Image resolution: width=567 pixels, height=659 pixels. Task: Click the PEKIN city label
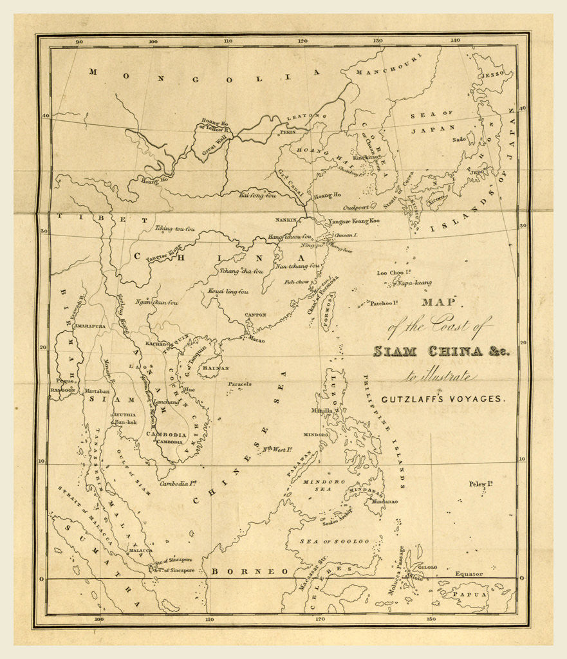[287, 131]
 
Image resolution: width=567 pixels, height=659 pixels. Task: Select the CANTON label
[256, 315]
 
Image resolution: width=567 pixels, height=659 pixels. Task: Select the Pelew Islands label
[480, 483]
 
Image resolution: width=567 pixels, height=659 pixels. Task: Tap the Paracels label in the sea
[239, 384]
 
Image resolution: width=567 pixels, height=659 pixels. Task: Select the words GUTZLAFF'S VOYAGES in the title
[444, 399]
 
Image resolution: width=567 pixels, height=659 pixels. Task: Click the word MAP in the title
[438, 302]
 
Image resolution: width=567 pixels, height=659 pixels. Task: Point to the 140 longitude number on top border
[455, 41]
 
